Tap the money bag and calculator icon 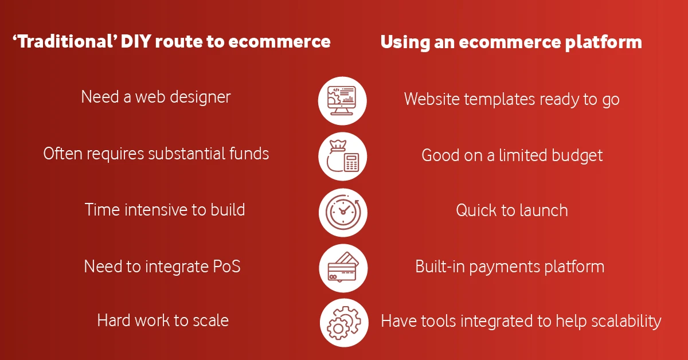point(343,156)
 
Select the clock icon point(343,212)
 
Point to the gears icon point(343,322)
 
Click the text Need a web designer point(156,97)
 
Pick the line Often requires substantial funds point(156,153)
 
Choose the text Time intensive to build point(165,209)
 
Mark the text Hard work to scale point(163,320)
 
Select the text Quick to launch point(512,210)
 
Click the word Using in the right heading point(401,42)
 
